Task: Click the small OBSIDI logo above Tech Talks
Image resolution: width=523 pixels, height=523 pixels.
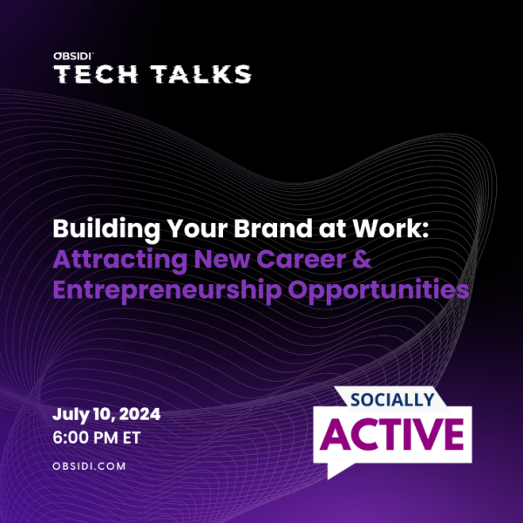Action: tap(73, 56)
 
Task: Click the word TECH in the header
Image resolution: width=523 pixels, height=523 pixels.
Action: tap(95, 74)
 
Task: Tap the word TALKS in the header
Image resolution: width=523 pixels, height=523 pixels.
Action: tap(200, 74)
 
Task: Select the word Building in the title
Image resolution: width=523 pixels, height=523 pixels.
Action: tap(106, 229)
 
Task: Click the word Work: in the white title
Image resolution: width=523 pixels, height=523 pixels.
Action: tap(391, 228)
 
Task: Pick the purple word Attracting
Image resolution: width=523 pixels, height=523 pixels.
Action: tap(120, 260)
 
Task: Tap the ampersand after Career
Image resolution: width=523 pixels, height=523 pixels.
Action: tap(362, 259)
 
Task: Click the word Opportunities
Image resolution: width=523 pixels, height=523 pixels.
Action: tap(378, 290)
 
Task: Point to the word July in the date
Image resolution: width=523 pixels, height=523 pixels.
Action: tap(71, 415)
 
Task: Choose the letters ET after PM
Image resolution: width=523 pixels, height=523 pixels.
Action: tap(132, 438)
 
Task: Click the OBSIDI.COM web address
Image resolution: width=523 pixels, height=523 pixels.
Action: tap(89, 466)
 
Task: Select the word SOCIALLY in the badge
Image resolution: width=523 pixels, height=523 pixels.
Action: tap(392, 399)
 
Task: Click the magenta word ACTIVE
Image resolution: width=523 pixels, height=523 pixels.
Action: tap(392, 434)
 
